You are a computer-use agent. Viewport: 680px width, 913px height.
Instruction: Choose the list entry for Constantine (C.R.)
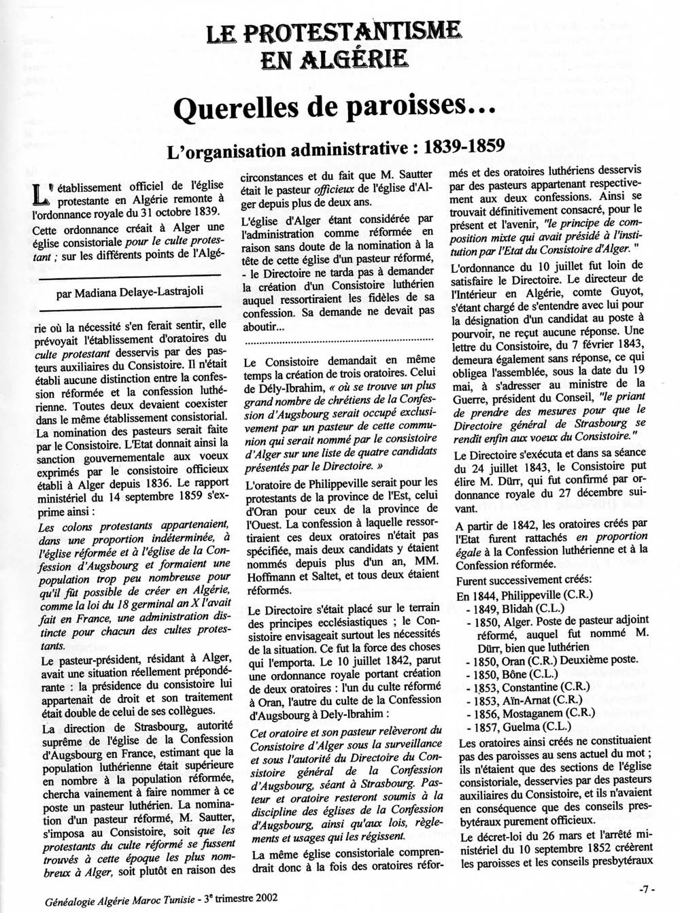522,686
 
